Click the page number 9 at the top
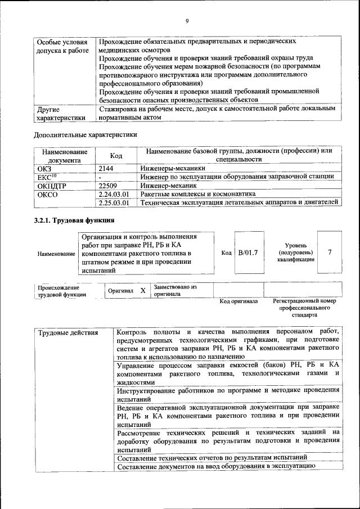click(187, 21)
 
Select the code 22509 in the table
click(107, 185)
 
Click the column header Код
click(116, 155)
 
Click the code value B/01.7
click(247, 253)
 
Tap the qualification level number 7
click(330, 253)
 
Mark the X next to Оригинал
click(143, 290)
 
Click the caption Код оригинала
click(238, 301)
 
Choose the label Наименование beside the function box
click(56, 254)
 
